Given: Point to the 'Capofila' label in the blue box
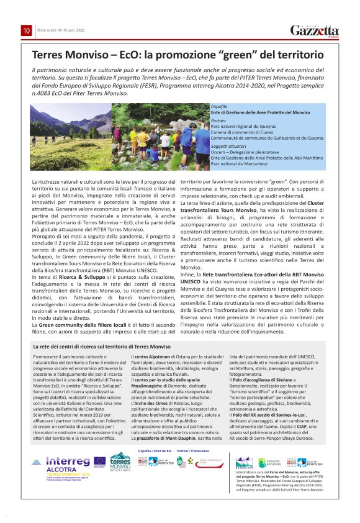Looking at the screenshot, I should (x=218, y=107).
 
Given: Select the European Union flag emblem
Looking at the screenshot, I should (x=99, y=461).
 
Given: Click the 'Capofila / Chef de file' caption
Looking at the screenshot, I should (x=154, y=450).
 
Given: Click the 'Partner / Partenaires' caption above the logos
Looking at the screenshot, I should (x=194, y=450).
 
